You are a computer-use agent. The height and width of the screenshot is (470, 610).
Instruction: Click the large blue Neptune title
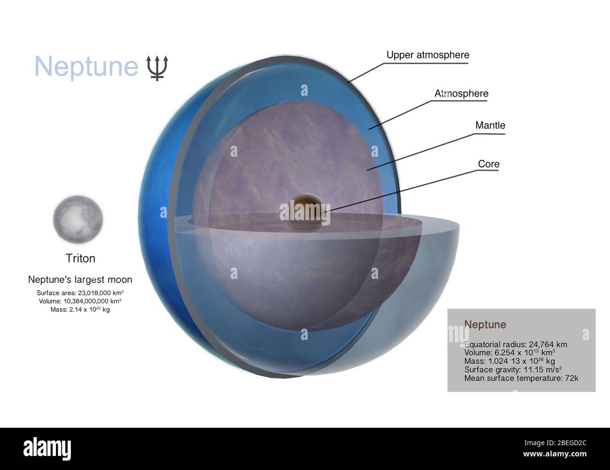click(86, 66)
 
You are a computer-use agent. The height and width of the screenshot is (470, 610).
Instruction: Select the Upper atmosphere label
click(427, 55)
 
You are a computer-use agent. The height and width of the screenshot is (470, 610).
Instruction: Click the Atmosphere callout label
click(461, 93)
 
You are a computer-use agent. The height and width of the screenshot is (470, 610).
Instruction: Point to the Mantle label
click(490, 125)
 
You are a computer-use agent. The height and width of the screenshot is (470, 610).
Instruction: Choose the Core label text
click(488, 164)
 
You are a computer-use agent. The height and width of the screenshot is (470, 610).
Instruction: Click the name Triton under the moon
click(80, 258)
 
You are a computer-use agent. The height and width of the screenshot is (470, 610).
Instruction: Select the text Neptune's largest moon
click(80, 280)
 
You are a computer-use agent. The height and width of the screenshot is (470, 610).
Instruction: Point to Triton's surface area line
click(80, 293)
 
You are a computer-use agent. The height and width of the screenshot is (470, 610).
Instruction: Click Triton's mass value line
click(80, 310)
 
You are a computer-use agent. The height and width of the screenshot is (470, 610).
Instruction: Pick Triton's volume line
click(80, 301)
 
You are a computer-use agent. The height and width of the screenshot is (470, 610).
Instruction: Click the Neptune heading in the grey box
click(485, 324)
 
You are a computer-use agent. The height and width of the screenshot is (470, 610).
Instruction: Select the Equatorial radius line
click(515, 345)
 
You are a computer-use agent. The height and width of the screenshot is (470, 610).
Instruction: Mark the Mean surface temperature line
click(521, 377)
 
